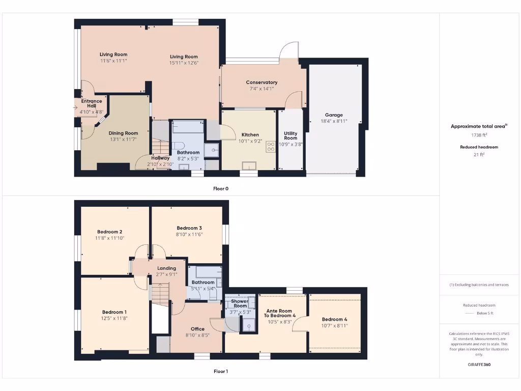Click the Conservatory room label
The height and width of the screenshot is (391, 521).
[262, 82]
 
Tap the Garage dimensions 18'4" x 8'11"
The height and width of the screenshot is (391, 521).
[334, 122]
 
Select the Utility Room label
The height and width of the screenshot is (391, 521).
[291, 135]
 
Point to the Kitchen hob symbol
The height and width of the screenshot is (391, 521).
[270, 147]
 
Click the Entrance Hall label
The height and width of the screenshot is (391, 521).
[91, 103]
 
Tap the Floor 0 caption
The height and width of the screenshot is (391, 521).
[221, 189]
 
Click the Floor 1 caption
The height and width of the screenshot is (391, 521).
[221, 372]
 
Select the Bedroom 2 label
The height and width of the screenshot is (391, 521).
[109, 232]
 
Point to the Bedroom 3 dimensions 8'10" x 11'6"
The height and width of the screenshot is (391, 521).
[189, 234]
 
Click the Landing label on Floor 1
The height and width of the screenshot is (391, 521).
[166, 268]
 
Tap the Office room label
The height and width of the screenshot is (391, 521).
[197, 329]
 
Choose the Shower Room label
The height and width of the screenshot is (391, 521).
[240, 303]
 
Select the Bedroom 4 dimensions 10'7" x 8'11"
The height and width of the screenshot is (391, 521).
[334, 326]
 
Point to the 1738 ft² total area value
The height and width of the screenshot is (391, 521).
[478, 135]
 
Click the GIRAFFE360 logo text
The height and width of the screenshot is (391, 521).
[478, 365]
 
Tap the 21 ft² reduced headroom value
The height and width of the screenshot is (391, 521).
[478, 155]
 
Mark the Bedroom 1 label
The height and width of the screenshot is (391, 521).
[114, 312]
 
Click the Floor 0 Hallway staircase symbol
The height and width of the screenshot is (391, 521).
[161, 148]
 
